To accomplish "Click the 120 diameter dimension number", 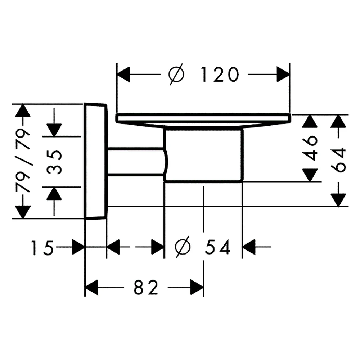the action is pos(220,75).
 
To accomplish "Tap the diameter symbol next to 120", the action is pos(176,74).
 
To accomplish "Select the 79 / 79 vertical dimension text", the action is pos(23,161).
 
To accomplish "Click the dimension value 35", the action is pos(54,162).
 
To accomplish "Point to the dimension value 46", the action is pos(310,148).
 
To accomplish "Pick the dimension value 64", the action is pos(338,160).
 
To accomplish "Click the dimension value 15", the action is pos(43,248).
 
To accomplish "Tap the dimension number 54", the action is pos(217,247).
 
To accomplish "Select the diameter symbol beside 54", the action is pos(183,247).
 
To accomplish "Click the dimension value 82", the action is pos(146,287).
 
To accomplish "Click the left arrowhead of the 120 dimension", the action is pos(123,75).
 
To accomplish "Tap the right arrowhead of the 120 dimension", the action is pos(283,75).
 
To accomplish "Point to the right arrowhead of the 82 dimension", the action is pos(197,287).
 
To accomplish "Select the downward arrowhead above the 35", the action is pos(54,130).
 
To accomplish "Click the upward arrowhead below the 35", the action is pos(54,194).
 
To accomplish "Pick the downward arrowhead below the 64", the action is pos(338,200).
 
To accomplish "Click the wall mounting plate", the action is pos(95,161).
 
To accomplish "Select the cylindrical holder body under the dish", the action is pos(203,156).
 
